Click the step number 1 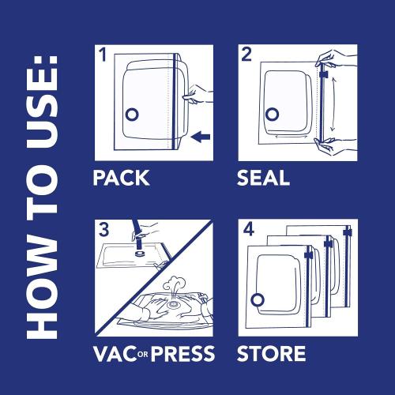(x=102, y=55)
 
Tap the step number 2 (x=246, y=55)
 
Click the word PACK (x=121, y=178)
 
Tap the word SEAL (x=264, y=178)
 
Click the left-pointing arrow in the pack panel (x=201, y=137)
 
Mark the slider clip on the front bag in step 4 (x=309, y=254)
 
